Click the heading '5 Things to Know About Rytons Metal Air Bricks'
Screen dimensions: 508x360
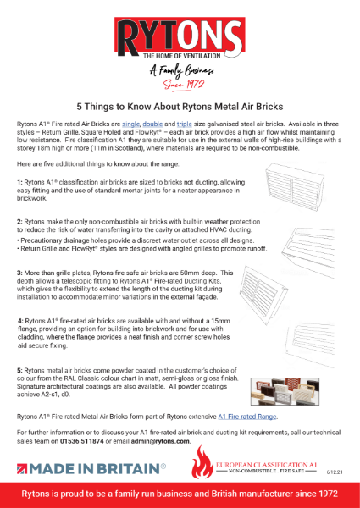pyautogui.click(x=180, y=108)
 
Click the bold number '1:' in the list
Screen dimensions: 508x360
pyautogui.click(x=20, y=182)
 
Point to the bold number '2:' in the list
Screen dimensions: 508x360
pyautogui.click(x=20, y=221)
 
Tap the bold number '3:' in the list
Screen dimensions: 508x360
pyautogui.click(x=20, y=274)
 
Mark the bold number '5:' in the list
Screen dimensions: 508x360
pyautogui.click(x=20, y=370)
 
